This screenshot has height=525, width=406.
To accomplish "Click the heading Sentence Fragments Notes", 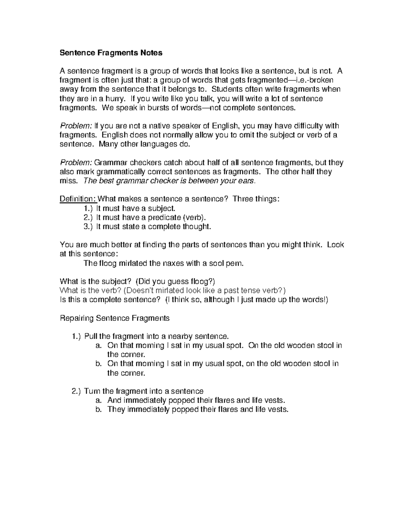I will tap(111, 53).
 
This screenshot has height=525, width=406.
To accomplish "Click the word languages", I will tap(158, 144).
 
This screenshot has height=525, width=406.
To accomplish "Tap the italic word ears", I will tap(247, 181).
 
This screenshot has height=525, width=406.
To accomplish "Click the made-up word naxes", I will tap(173, 263).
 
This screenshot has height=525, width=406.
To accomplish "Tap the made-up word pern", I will tap(235, 263).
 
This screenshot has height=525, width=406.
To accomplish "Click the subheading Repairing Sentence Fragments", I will tap(114, 318).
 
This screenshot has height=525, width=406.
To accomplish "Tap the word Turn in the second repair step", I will tap(92, 391).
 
